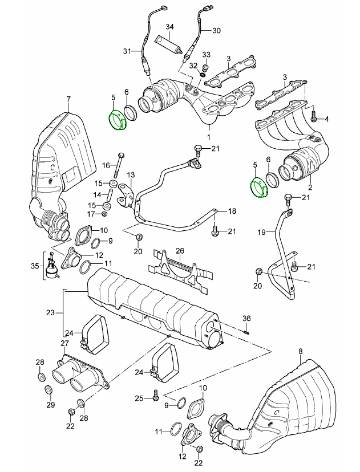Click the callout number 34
point(170,27)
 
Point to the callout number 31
point(126,51)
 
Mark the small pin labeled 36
point(246,327)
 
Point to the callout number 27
point(65,344)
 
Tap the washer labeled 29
point(47,389)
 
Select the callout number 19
point(261,232)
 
